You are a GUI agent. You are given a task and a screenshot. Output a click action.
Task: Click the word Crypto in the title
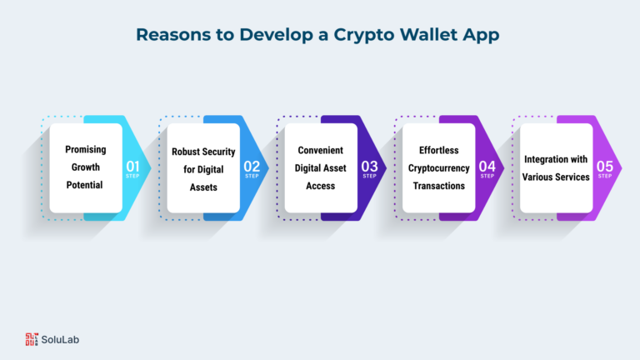coord(364,36)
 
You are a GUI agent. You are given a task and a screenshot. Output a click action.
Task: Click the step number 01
coord(132,166)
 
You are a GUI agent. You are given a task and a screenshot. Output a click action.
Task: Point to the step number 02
coord(252,166)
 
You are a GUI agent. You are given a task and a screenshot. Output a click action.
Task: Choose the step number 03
coord(369,166)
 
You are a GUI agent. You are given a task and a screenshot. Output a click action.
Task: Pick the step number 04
coord(487,166)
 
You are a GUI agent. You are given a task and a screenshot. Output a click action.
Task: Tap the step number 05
coord(604,166)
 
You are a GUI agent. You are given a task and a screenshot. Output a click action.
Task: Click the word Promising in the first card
coord(86,150)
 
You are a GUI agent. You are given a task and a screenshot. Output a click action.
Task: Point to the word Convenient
coord(320,150)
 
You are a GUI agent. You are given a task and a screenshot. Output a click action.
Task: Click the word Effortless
coord(439,150)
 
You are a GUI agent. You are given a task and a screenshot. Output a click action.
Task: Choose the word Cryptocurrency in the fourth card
coord(439,168)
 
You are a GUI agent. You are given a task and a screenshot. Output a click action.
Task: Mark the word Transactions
coord(439,186)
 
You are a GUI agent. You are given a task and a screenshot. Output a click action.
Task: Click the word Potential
coord(84,185)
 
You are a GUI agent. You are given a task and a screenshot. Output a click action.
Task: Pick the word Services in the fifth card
coord(573,177)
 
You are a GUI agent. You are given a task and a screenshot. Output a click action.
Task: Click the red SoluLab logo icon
coord(32,339)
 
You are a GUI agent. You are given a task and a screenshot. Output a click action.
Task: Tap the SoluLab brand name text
coord(60,340)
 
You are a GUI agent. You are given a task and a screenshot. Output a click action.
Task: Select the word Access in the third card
coord(320,186)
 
